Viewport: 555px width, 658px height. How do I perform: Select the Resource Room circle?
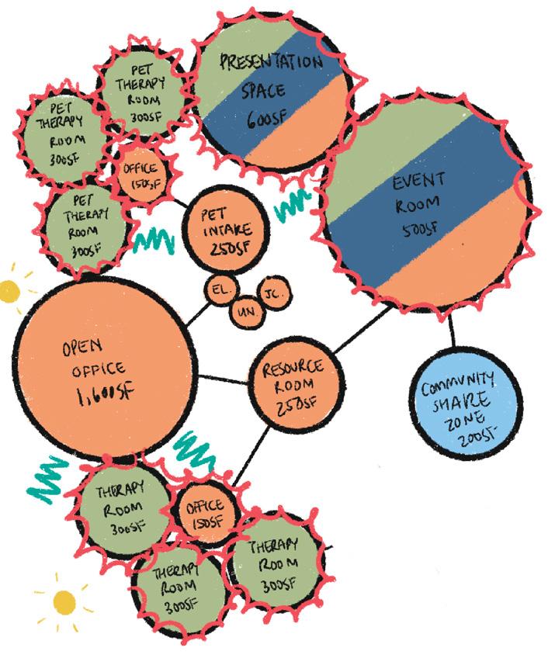[x=289, y=385]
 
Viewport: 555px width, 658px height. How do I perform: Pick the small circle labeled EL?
[x=220, y=290]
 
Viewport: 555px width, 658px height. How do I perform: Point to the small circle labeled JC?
[x=273, y=294]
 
